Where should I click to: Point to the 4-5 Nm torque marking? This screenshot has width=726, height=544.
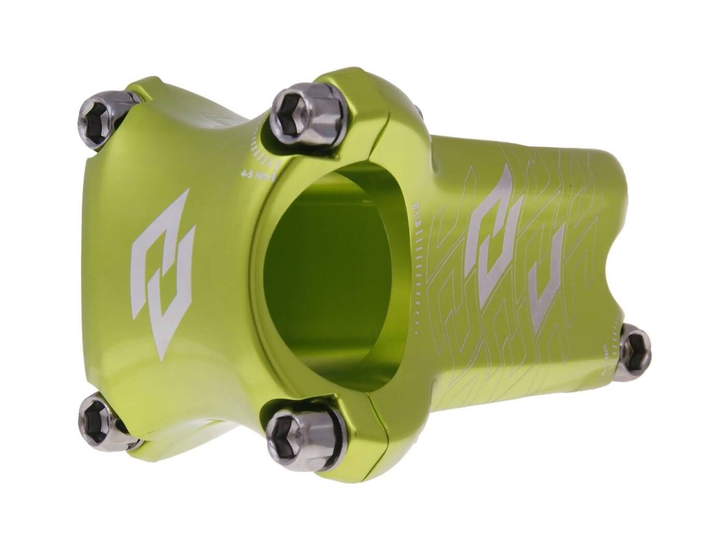pos(255,173)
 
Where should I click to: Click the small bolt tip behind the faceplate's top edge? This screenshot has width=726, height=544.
pos(418,108)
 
